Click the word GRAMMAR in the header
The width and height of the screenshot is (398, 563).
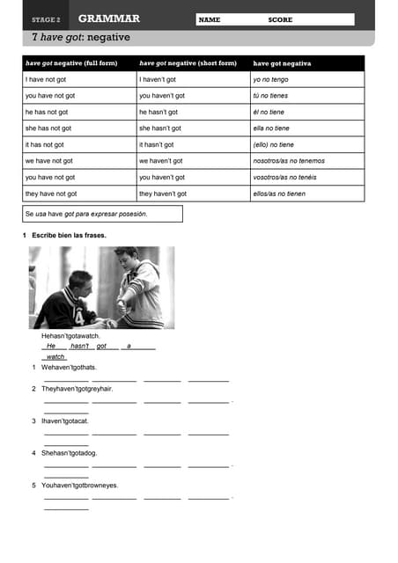point(108,18)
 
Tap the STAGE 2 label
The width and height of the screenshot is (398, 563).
point(46,19)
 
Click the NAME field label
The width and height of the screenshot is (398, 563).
point(210,19)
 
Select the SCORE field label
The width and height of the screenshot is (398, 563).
point(280,19)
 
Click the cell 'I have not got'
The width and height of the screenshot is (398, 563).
point(46,79)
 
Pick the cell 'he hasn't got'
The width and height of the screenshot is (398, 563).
point(158,112)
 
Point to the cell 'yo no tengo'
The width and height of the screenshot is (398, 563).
point(271,79)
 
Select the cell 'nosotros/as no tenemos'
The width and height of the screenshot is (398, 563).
point(289,161)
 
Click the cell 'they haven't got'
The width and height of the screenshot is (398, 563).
point(163,194)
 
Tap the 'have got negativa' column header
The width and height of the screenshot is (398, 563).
point(282,63)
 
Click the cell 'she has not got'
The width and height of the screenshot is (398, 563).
point(48,128)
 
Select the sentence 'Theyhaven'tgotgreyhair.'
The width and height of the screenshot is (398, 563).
point(77,388)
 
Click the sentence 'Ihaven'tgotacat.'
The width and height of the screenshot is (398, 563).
point(65,420)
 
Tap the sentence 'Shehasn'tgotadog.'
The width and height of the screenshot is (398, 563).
point(70,453)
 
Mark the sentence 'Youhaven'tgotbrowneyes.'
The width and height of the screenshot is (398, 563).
point(79,485)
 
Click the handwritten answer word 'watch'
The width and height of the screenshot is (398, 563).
point(55,356)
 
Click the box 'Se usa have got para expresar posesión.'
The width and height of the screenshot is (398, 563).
point(102,214)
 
